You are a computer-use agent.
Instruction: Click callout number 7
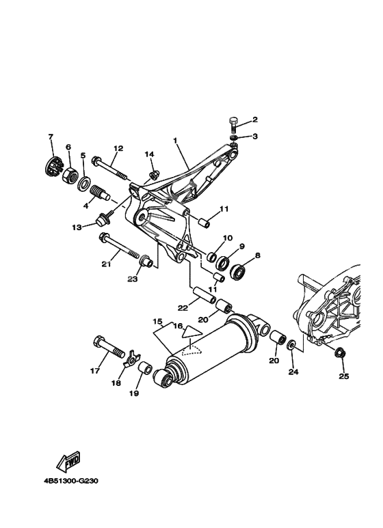50,137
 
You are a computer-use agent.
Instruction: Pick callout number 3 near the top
254,137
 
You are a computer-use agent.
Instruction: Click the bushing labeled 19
145,369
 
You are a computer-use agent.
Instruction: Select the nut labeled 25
339,352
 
